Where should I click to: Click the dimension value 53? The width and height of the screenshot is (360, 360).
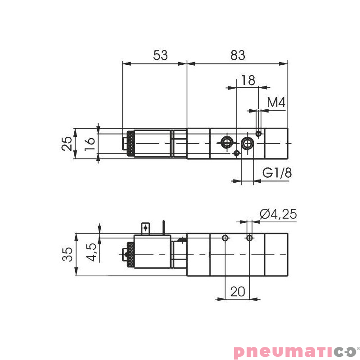[160, 55]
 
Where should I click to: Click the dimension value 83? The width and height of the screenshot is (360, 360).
[238, 55]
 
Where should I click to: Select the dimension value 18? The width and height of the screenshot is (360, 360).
[248, 80]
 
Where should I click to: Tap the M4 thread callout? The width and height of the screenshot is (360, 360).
[276, 103]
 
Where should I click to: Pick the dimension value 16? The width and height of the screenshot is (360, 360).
[90, 144]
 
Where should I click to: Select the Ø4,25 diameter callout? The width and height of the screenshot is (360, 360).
[278, 214]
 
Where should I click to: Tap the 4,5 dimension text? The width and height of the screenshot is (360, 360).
[91, 252]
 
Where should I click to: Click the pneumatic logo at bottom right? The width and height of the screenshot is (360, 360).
[295, 351]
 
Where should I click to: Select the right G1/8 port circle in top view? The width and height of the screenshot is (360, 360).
[247, 143]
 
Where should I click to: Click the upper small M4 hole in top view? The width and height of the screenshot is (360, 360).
[258, 133]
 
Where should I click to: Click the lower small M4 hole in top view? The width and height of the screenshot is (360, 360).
[237, 153]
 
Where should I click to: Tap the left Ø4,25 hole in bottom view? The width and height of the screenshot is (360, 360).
[225, 238]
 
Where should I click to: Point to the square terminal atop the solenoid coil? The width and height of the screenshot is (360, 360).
[145, 228]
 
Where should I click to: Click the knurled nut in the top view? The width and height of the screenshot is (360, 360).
[130, 144]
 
